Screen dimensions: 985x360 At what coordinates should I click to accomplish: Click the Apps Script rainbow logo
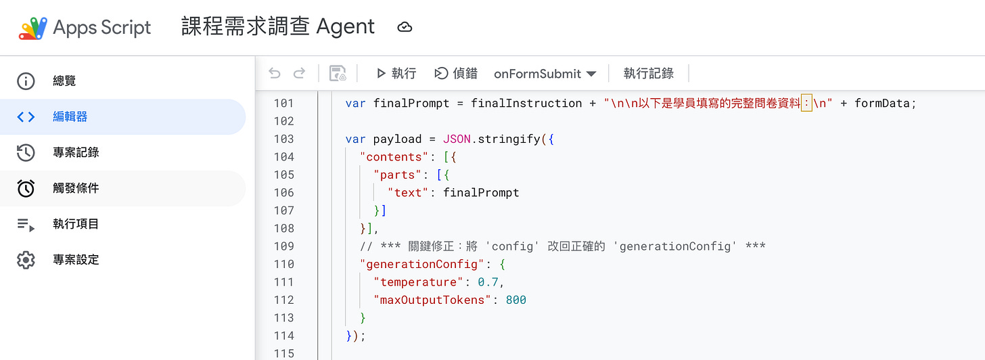pos(32,28)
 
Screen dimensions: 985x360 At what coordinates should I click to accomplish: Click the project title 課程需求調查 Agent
pos(278,27)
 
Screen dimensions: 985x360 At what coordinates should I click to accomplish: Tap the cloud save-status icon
pos(405,28)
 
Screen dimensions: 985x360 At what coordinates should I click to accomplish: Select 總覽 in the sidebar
pos(64,81)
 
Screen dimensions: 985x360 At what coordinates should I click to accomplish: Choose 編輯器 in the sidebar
pos(70,117)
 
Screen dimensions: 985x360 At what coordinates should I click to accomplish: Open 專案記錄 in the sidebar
pos(76,153)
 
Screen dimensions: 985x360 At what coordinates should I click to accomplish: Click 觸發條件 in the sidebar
pos(76,188)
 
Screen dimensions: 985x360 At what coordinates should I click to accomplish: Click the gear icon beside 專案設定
pos(26,260)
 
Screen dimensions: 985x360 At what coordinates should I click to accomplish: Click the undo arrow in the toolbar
pos(274,73)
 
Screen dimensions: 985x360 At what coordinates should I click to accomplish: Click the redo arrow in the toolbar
pos(299,73)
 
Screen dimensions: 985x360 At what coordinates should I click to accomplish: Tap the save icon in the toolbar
pos(338,73)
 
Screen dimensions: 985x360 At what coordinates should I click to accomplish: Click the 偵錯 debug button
pos(456,73)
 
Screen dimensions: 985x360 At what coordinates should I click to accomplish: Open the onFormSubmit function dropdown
pos(545,73)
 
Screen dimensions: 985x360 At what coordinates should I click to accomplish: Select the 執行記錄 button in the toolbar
pos(648,73)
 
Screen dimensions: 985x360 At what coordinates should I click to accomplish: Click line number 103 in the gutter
pos(283,139)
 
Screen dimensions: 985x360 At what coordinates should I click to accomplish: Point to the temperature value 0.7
pos(488,282)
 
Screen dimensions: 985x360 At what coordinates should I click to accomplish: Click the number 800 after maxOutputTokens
pos(516,300)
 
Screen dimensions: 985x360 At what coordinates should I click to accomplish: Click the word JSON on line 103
pos(457,139)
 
